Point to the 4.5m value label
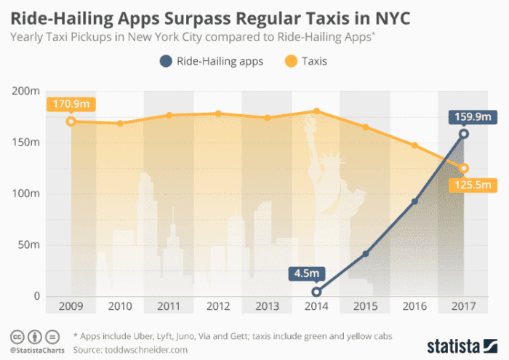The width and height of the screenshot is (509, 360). click(308, 274)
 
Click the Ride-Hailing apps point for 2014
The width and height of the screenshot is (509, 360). click(316, 292)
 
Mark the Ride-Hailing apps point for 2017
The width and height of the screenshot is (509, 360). click(463, 134)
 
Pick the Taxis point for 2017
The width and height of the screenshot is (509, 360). click(463, 169)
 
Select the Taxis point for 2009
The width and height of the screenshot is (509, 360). click(71, 121)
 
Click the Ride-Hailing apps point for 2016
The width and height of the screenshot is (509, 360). click(414, 201)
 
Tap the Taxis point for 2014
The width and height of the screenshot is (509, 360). click(316, 111)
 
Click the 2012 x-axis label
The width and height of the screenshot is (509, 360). click(217, 306)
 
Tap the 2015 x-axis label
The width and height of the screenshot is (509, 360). click(365, 306)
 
